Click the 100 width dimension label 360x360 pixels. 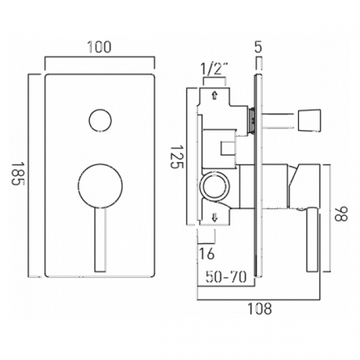pos(99,47)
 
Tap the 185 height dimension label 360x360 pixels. pos(19,174)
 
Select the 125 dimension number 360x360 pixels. pos(178,157)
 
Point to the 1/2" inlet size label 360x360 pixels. pos(215,70)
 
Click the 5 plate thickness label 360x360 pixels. pos(258,47)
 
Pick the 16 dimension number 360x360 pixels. pos(207,253)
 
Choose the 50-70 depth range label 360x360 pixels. pos(226,277)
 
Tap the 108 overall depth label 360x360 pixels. pos(260,309)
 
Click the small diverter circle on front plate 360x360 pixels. pos(100,120)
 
